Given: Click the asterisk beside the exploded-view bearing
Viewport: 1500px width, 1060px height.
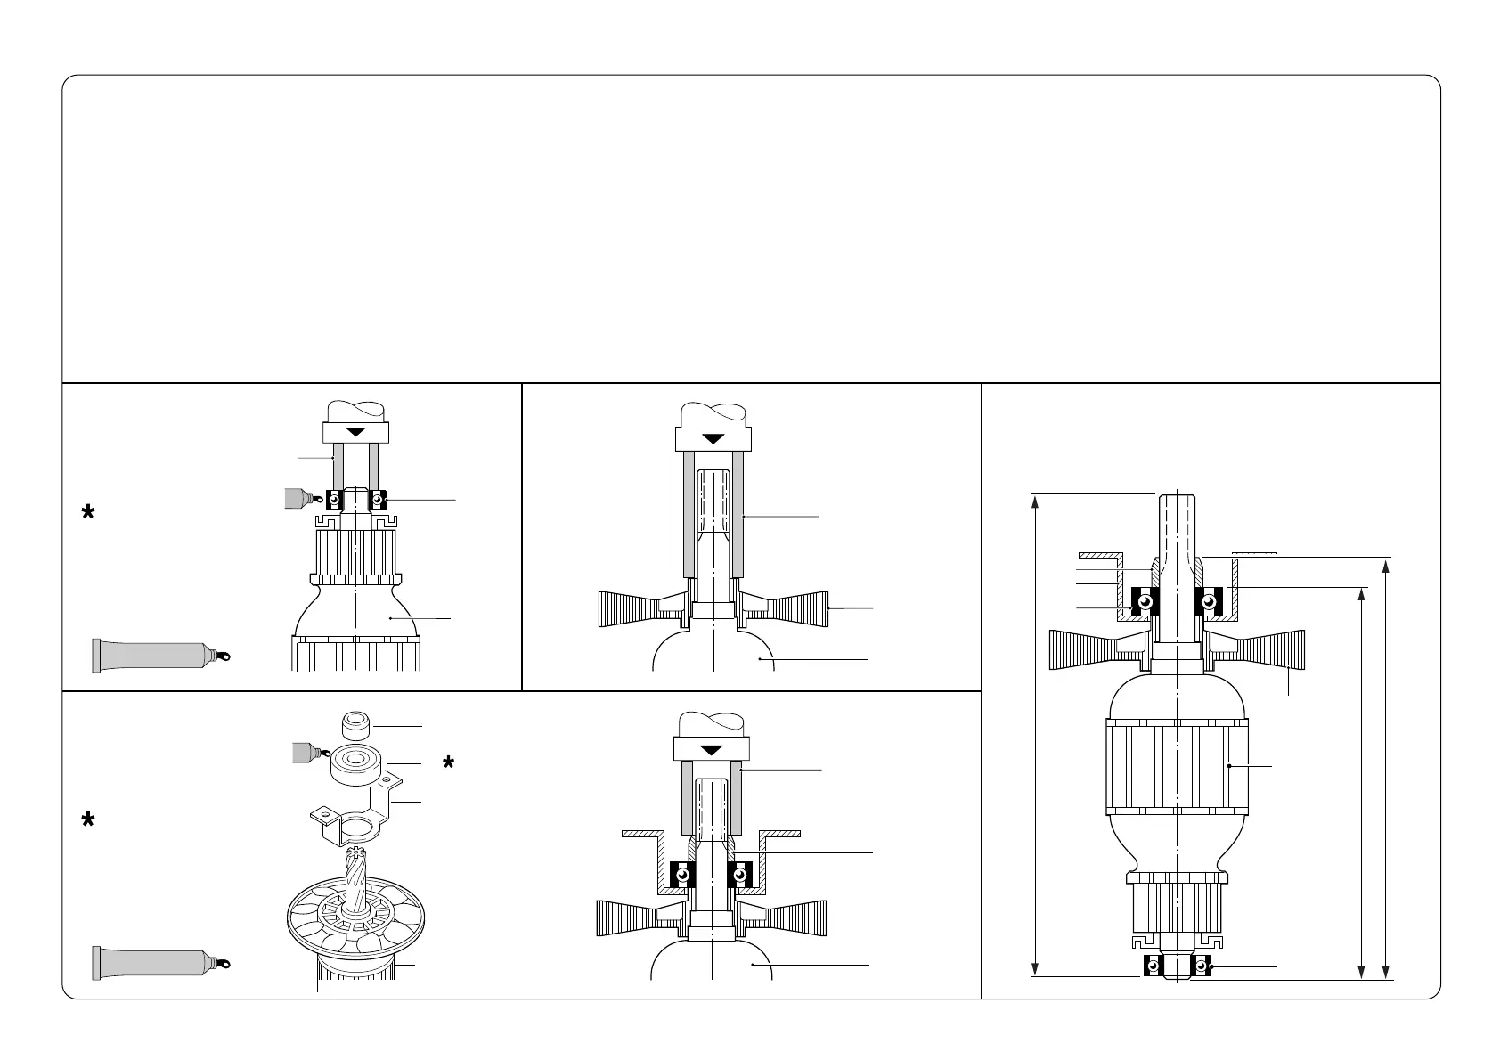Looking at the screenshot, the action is (449, 763).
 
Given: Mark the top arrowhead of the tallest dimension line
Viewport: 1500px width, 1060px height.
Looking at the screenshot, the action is (1035, 501).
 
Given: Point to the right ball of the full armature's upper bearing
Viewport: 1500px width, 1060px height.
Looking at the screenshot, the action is (1209, 602).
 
